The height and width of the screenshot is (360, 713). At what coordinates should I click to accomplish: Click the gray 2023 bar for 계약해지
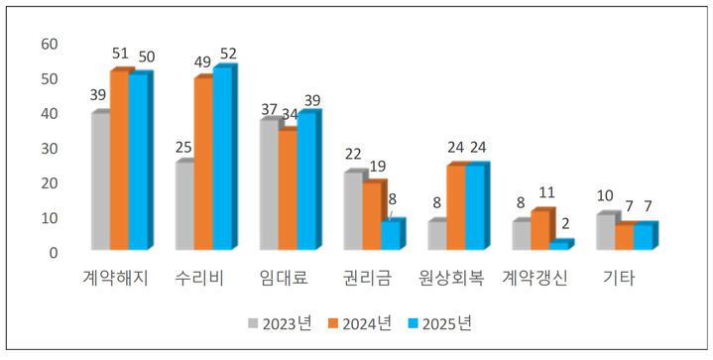click(100, 180)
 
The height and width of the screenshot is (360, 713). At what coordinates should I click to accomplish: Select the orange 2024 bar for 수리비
click(202, 163)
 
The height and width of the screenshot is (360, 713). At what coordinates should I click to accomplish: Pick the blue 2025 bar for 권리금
click(391, 234)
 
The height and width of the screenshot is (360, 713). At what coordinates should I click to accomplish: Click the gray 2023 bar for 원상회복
click(436, 234)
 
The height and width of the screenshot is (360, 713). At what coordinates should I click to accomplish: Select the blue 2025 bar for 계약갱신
click(559, 245)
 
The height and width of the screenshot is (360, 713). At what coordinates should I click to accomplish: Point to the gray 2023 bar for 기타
click(605, 230)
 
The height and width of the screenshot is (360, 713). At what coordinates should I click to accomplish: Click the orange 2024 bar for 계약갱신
click(539, 229)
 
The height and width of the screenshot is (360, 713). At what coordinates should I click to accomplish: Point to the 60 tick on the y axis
click(49, 45)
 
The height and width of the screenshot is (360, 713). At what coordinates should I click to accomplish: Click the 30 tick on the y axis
click(49, 148)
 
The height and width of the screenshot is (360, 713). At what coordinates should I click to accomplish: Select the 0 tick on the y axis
click(54, 252)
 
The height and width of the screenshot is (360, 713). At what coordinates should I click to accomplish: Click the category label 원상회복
click(451, 279)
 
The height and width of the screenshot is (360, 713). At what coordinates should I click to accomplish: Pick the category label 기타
click(620, 279)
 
